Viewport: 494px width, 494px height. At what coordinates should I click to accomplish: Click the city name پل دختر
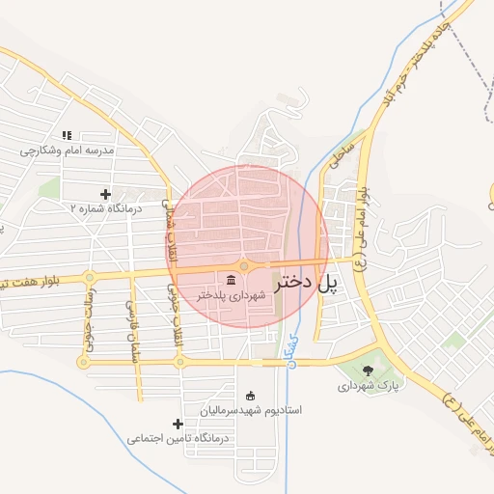(308, 283)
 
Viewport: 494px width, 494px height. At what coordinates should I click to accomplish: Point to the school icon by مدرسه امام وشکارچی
(67, 136)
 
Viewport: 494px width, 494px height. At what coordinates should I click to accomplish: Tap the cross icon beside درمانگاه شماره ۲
(105, 194)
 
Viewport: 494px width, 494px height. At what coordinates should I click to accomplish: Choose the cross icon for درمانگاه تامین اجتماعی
(178, 424)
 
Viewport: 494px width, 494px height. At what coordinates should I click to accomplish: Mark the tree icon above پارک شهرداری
(368, 370)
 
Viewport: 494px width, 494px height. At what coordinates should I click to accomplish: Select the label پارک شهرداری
(368, 386)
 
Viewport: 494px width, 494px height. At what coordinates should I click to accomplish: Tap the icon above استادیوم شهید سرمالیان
(251, 395)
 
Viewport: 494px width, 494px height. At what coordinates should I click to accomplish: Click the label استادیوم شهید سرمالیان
(251, 410)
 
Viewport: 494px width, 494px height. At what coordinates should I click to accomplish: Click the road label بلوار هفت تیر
(29, 281)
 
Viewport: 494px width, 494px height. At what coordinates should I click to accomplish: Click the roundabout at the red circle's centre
(246, 265)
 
